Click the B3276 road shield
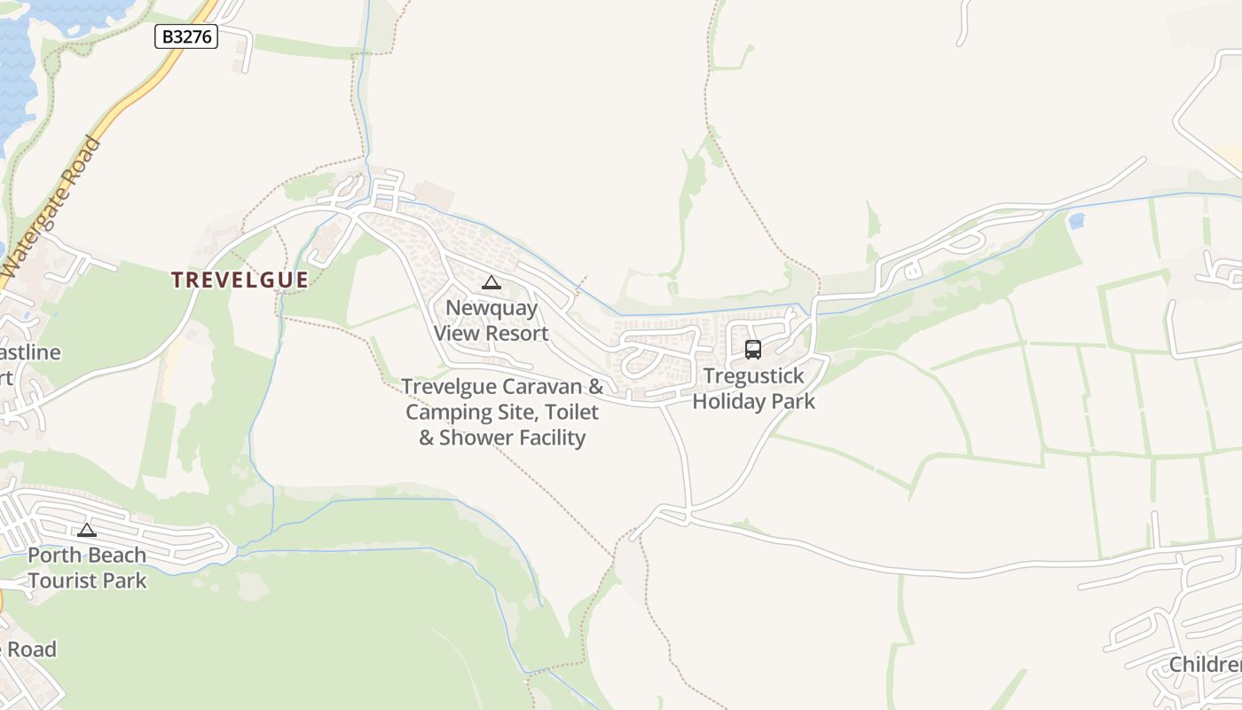tap(186, 36)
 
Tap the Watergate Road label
tap(51, 206)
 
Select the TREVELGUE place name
tap(240, 280)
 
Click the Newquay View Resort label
tap(491, 320)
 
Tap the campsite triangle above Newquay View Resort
tap(491, 283)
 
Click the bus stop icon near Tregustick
tap(753, 350)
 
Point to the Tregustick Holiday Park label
tap(753, 389)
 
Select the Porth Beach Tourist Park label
tap(87, 568)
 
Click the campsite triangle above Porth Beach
tap(87, 531)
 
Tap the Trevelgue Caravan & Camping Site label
tap(502, 412)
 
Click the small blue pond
tap(1076, 221)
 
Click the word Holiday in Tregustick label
tap(727, 401)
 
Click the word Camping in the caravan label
tap(450, 413)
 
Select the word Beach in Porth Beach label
tap(112, 556)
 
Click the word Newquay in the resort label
tap(491, 308)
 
